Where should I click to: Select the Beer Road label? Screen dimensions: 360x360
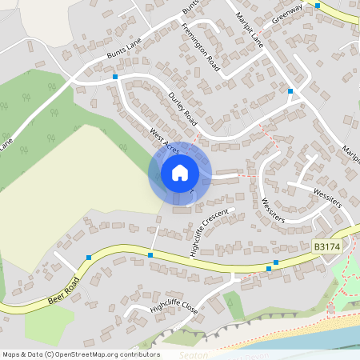tap(65, 291)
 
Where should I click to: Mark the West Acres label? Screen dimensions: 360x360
tap(165, 140)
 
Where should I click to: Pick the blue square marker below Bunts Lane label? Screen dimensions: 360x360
tap(116, 77)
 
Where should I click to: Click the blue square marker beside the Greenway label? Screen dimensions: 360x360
tap(318, 6)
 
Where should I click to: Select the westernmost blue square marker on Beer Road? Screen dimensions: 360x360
tap(88, 258)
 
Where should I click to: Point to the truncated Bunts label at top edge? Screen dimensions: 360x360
tap(190, 6)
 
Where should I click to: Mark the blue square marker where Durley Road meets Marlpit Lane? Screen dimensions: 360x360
tap(290, 92)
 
